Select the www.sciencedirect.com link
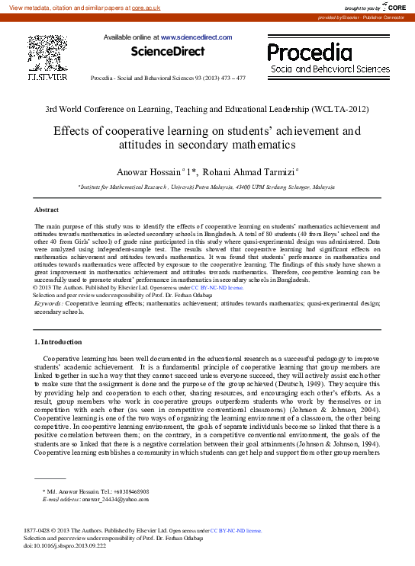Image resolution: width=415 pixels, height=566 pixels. [x=196, y=37]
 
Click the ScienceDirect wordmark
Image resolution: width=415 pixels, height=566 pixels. [x=168, y=52]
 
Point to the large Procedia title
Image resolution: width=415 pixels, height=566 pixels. [x=310, y=53]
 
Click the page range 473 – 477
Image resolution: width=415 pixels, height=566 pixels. [x=230, y=78]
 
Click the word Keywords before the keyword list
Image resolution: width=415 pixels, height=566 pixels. [x=48, y=303]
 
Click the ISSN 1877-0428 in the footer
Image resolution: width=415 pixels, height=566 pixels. [x=38, y=530]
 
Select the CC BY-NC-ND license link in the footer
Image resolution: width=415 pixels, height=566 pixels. [x=236, y=530]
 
